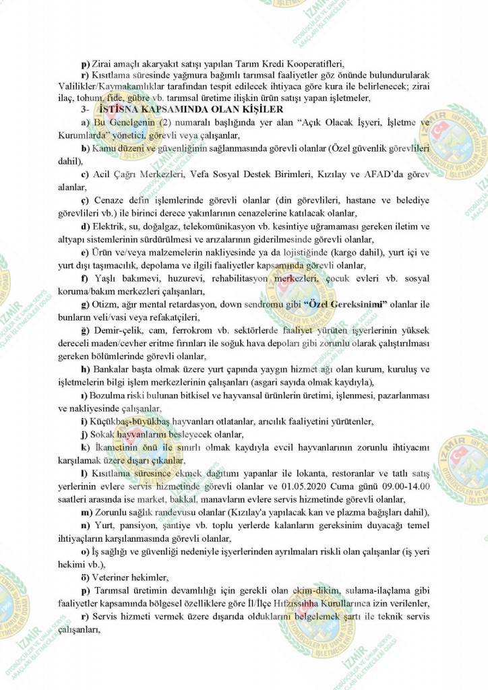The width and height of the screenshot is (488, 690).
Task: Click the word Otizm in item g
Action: point(109,305)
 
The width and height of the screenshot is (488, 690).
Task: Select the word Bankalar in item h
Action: point(112,370)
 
